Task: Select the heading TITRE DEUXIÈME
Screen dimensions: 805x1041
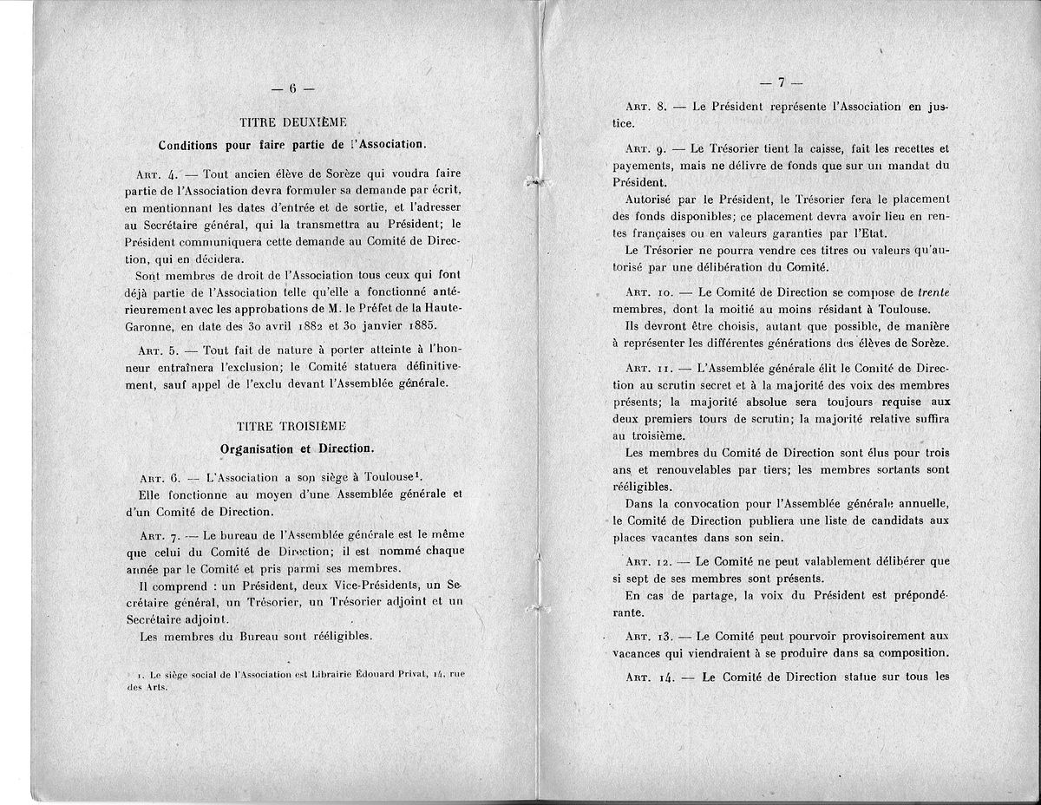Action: coord(291,122)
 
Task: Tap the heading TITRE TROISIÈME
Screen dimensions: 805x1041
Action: coord(291,426)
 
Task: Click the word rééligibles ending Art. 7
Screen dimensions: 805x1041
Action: coord(334,636)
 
